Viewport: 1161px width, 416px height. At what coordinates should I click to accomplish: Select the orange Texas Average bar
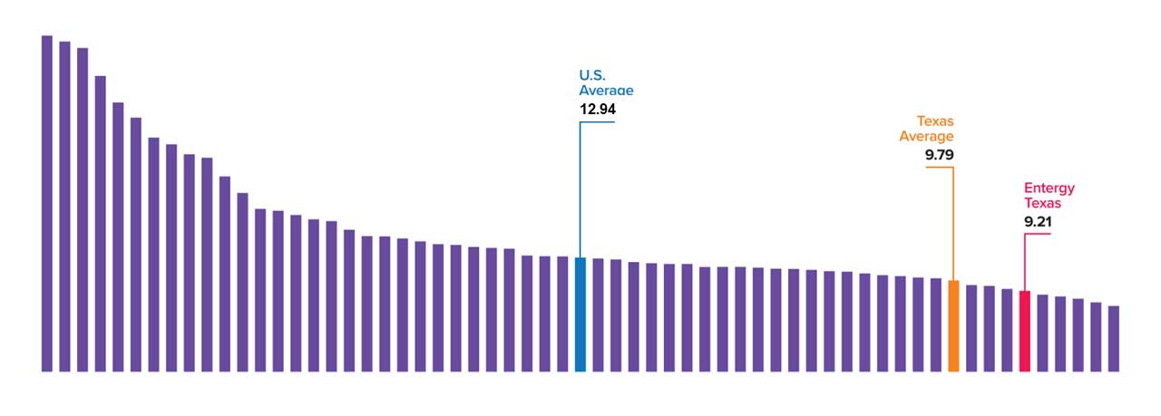(x=953, y=325)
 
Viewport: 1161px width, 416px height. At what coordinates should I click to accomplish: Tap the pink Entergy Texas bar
(x=1024, y=331)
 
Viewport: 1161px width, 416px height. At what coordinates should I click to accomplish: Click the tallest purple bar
(x=47, y=203)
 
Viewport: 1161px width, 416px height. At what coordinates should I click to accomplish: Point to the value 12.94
(x=598, y=109)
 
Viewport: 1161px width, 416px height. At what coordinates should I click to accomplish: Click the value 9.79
(x=939, y=155)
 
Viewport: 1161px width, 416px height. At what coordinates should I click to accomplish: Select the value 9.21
(x=1039, y=221)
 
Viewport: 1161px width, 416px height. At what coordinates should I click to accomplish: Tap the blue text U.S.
(x=593, y=75)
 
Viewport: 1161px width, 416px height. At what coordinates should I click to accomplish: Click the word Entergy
(x=1049, y=189)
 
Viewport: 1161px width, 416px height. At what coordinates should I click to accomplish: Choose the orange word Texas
(x=934, y=121)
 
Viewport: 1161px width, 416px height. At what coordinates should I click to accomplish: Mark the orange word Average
(x=926, y=137)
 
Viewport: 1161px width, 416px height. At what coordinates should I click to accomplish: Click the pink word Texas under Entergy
(x=1042, y=204)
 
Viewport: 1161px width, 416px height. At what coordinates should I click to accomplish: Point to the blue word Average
(x=606, y=91)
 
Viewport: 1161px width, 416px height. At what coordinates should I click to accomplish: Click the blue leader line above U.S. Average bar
(x=580, y=190)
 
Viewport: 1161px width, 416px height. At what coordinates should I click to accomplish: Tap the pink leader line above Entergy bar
(x=1025, y=263)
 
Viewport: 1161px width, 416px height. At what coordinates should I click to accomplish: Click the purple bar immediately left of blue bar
(x=562, y=314)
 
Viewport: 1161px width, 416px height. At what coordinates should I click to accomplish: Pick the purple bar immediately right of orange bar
(x=971, y=328)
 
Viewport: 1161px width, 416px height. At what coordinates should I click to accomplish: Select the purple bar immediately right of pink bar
(x=1043, y=333)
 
